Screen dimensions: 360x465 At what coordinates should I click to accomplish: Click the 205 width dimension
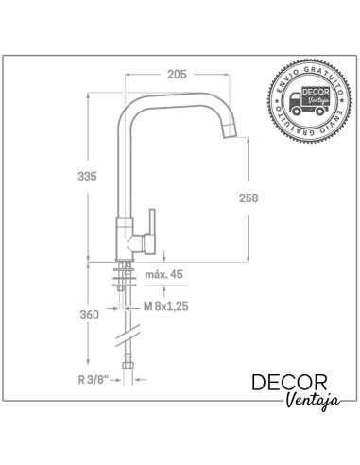tap(177, 75)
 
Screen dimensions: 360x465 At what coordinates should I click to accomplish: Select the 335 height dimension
tap(87, 177)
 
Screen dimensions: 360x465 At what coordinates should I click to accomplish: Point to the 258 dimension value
tap(249, 198)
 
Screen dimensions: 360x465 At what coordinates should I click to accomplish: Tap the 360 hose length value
tap(89, 314)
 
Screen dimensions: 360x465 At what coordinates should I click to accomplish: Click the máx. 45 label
tap(163, 274)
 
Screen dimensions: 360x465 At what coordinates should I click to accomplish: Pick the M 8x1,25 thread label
tap(166, 306)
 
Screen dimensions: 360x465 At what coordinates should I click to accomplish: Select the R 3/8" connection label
tap(94, 380)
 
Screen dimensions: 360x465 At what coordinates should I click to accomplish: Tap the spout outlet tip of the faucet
tap(230, 133)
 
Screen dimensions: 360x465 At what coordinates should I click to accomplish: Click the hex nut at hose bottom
tap(128, 365)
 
